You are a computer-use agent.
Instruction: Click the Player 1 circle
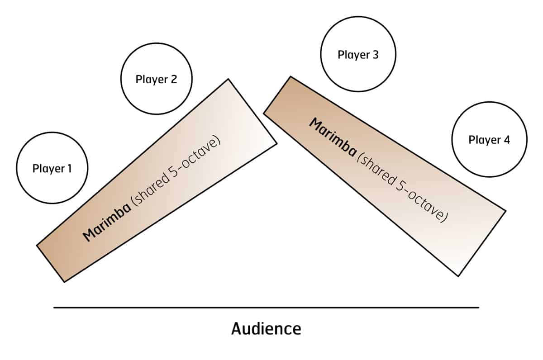pos(52,168)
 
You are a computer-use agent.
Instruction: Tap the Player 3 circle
pos(358,55)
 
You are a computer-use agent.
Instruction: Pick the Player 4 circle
pos(489,140)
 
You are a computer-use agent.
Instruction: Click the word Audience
pos(266,328)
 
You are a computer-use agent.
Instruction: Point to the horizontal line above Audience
pos(266,308)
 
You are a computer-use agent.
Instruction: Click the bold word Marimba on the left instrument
pos(107,221)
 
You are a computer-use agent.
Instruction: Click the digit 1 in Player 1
pos(69,169)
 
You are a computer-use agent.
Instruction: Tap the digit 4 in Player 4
pos(506,140)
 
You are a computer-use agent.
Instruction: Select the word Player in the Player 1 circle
pos(48,169)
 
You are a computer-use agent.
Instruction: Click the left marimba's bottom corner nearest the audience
pos(64,282)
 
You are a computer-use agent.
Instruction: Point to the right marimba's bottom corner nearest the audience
pos(459,276)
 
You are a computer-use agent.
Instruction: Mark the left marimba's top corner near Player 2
pos(228,80)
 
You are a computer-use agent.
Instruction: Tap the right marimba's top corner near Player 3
pos(290,76)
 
